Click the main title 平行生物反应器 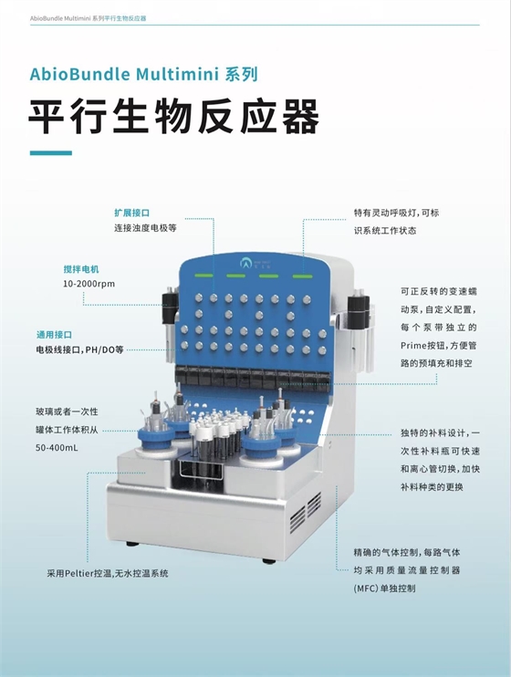point(173,117)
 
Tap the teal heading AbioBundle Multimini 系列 point(144,74)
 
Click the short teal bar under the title point(51,153)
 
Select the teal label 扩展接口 point(131,213)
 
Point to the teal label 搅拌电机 point(81,269)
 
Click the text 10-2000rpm point(89,284)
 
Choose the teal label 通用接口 point(54,335)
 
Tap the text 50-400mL point(57,448)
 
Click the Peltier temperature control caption point(108,573)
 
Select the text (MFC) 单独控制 point(384,588)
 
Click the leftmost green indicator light point(203,275)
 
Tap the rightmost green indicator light point(302,276)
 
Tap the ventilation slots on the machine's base point(306,511)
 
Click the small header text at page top point(89,18)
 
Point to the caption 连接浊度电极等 point(145,228)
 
